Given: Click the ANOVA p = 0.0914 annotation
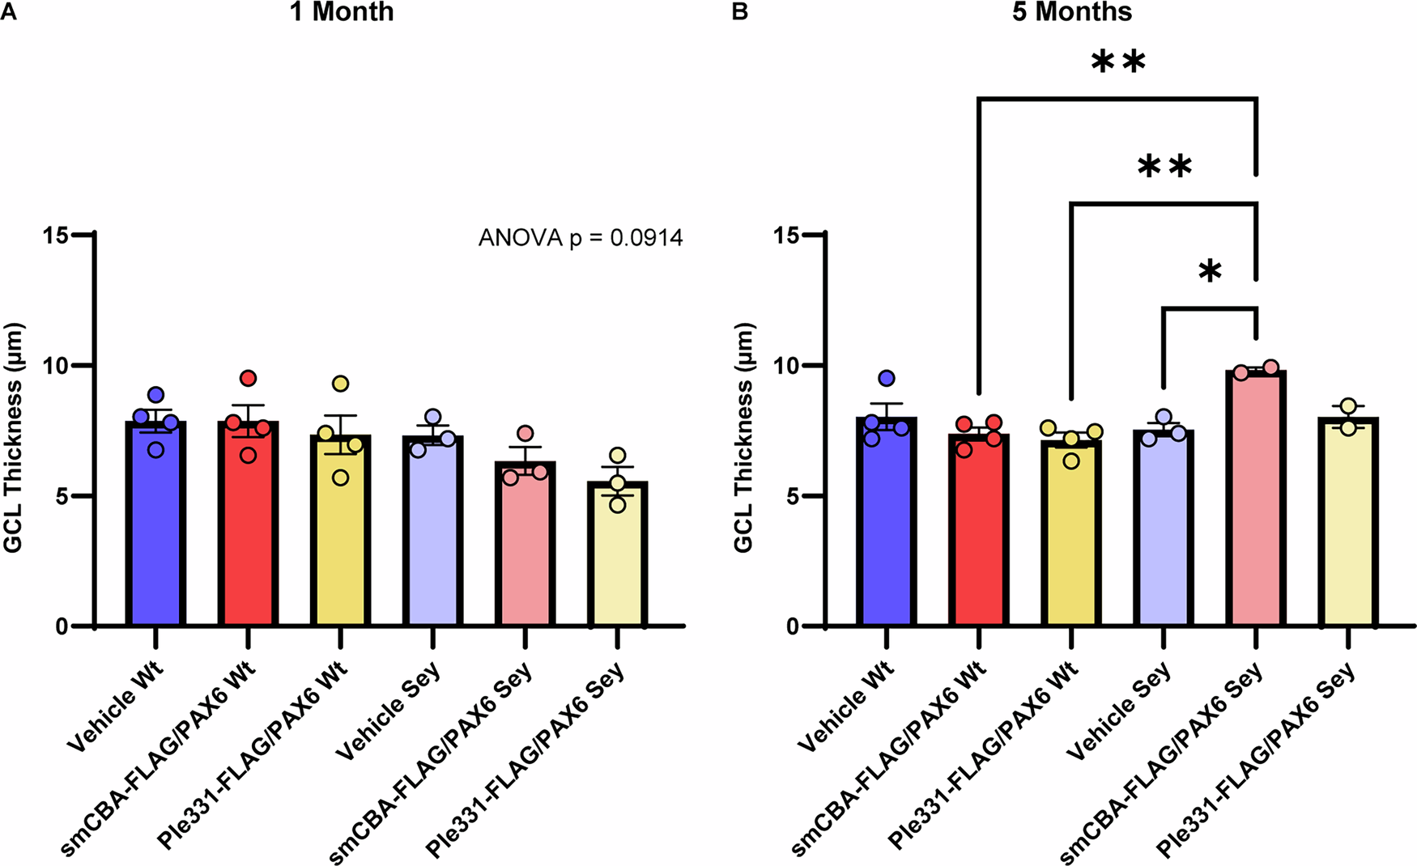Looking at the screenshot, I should click(x=581, y=238).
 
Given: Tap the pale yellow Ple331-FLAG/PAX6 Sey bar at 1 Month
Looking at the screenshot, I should click(x=617, y=558).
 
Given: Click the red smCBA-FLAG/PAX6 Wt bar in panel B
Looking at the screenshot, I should click(x=979, y=534).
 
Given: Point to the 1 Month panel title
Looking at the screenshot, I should click(x=342, y=12).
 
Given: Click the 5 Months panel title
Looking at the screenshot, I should click(x=1071, y=12).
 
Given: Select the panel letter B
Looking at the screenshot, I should click(x=738, y=12).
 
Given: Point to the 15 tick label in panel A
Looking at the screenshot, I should click(x=57, y=235).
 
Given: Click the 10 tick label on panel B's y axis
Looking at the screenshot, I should click(x=787, y=366).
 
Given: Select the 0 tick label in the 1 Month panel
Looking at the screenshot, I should click(x=62, y=626).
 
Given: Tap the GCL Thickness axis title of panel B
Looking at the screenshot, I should click(x=743, y=437).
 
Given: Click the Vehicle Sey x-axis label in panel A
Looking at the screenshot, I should click(x=388, y=712).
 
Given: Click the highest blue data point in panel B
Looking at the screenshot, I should click(x=887, y=378).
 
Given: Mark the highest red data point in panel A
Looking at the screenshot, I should click(x=248, y=378).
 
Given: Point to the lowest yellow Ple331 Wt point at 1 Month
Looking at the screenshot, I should click(x=341, y=478).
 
